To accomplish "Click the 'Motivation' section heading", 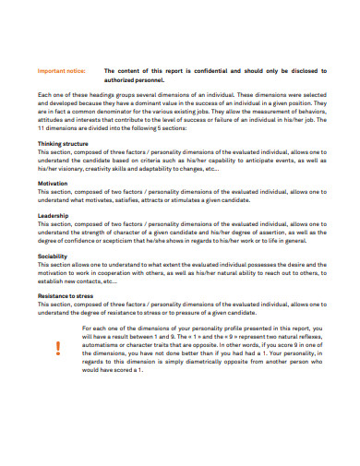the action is pyautogui.click(x=53, y=183).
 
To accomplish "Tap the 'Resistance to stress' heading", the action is pyautogui.click(x=66, y=295).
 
